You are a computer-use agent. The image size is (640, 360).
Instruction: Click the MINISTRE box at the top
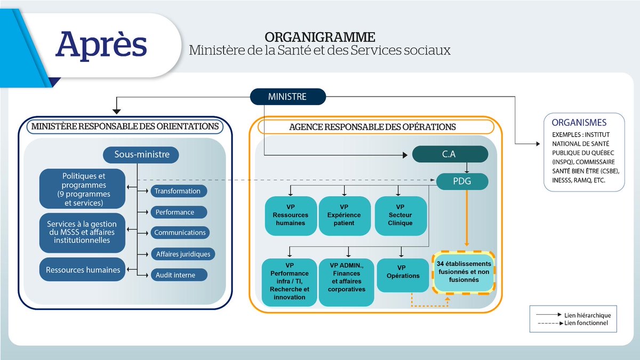287,97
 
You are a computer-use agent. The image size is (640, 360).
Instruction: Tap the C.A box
450,155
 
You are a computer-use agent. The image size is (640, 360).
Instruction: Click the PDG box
462,181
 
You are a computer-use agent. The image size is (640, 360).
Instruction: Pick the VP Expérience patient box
344,215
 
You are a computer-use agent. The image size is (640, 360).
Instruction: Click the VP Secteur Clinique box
400,215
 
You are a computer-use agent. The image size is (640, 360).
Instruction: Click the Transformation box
178,191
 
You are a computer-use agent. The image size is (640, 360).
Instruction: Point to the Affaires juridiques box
183,254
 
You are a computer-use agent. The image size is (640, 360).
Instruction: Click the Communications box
180,233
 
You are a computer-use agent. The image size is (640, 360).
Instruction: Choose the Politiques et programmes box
82,189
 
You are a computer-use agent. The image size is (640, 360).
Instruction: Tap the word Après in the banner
101,45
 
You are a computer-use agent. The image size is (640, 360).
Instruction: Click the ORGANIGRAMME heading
319,37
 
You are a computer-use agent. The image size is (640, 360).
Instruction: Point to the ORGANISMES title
579,122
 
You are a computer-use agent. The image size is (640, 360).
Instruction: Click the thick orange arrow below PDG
467,219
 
